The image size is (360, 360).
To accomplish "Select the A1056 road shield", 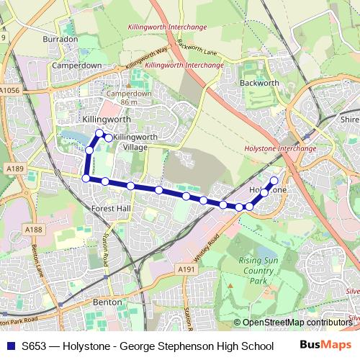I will point(10,91).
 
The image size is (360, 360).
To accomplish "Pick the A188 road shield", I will point(33,230).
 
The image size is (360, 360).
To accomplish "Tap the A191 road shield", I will point(186,269).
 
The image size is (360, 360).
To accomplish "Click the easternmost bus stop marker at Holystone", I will point(274,181).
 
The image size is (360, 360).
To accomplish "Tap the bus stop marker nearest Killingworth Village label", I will point(108,138).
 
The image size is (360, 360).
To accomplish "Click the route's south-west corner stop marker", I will point(86,178).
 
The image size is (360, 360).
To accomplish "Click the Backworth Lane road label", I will point(195,48).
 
